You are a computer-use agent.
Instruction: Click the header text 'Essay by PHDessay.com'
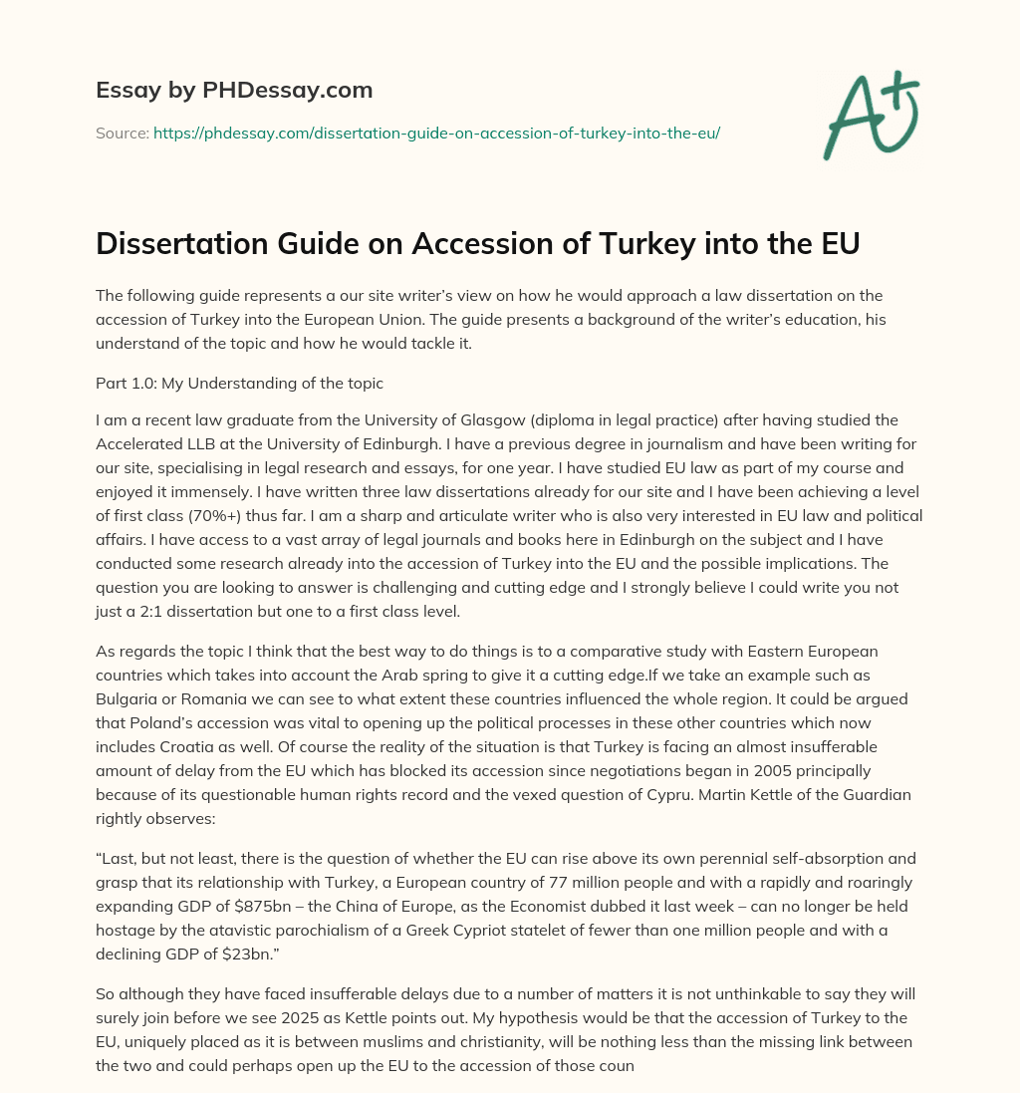click(234, 91)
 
